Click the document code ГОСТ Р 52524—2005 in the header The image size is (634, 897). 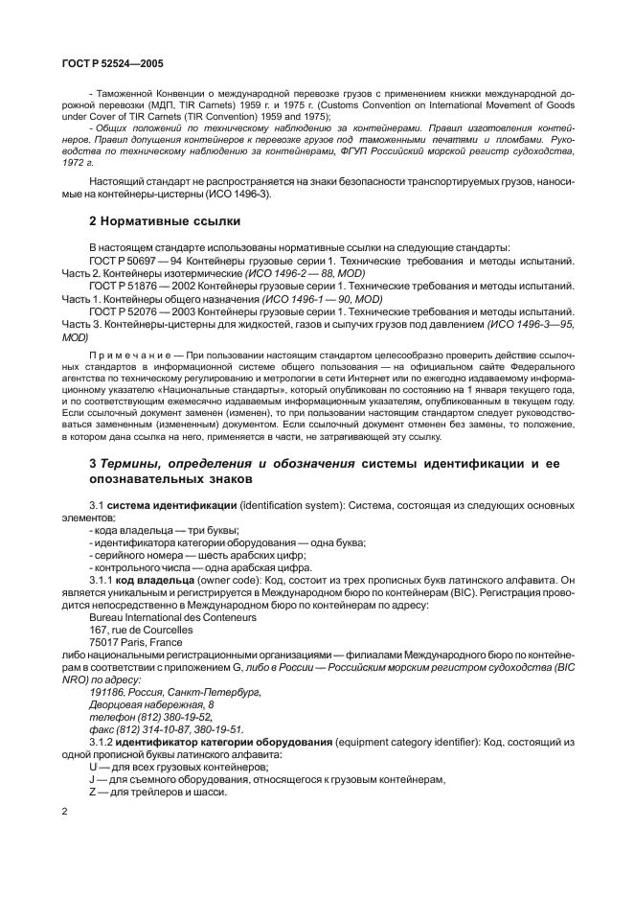pyautogui.click(x=103, y=63)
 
